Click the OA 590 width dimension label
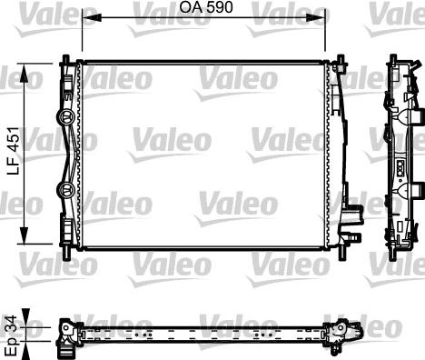click(x=206, y=7)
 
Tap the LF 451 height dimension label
click(x=14, y=151)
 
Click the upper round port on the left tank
click(x=65, y=116)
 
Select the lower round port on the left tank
click(x=65, y=189)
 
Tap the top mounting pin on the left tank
click(x=65, y=58)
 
